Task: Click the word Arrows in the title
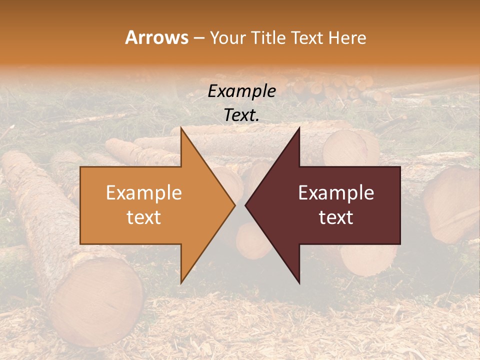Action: [x=157, y=37]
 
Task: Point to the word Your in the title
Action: [x=227, y=38]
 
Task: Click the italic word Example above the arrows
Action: [x=241, y=91]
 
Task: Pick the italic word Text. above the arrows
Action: [x=241, y=115]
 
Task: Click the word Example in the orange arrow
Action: [x=144, y=193]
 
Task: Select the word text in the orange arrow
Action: [x=144, y=217]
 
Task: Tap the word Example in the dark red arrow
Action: [x=336, y=193]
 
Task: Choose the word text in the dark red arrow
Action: [x=336, y=217]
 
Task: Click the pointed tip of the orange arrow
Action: [x=234, y=205]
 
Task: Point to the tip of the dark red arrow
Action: [x=245, y=205]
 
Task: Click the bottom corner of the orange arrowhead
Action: [x=181, y=283]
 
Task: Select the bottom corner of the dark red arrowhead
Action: [x=299, y=283]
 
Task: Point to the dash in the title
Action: [x=198, y=38]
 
